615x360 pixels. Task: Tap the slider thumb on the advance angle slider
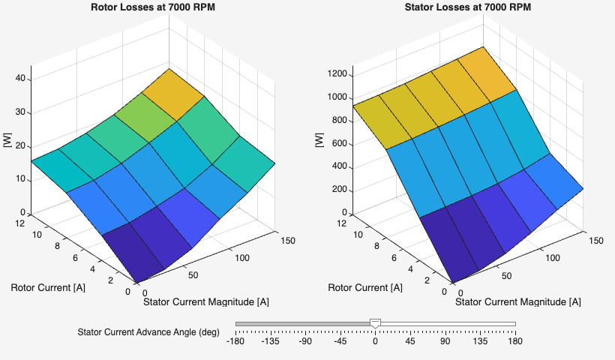pyautogui.click(x=376, y=323)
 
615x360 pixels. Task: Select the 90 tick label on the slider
pyautogui.click(x=445, y=342)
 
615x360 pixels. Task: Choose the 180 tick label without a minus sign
pyautogui.click(x=514, y=342)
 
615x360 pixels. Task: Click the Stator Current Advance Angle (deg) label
pyautogui.click(x=148, y=332)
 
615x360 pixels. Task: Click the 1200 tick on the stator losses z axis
pyautogui.click(x=338, y=74)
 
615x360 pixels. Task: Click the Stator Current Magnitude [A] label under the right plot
pyautogui.click(x=518, y=301)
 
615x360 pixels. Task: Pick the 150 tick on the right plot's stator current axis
pyautogui.click(x=595, y=241)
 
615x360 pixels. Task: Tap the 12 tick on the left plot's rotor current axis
pyautogui.click(x=21, y=223)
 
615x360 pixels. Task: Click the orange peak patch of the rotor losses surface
pyautogui.click(x=173, y=94)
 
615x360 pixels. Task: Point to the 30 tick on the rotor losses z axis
pyautogui.click(x=22, y=112)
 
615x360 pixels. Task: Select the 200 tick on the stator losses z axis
pyautogui.click(x=341, y=190)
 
